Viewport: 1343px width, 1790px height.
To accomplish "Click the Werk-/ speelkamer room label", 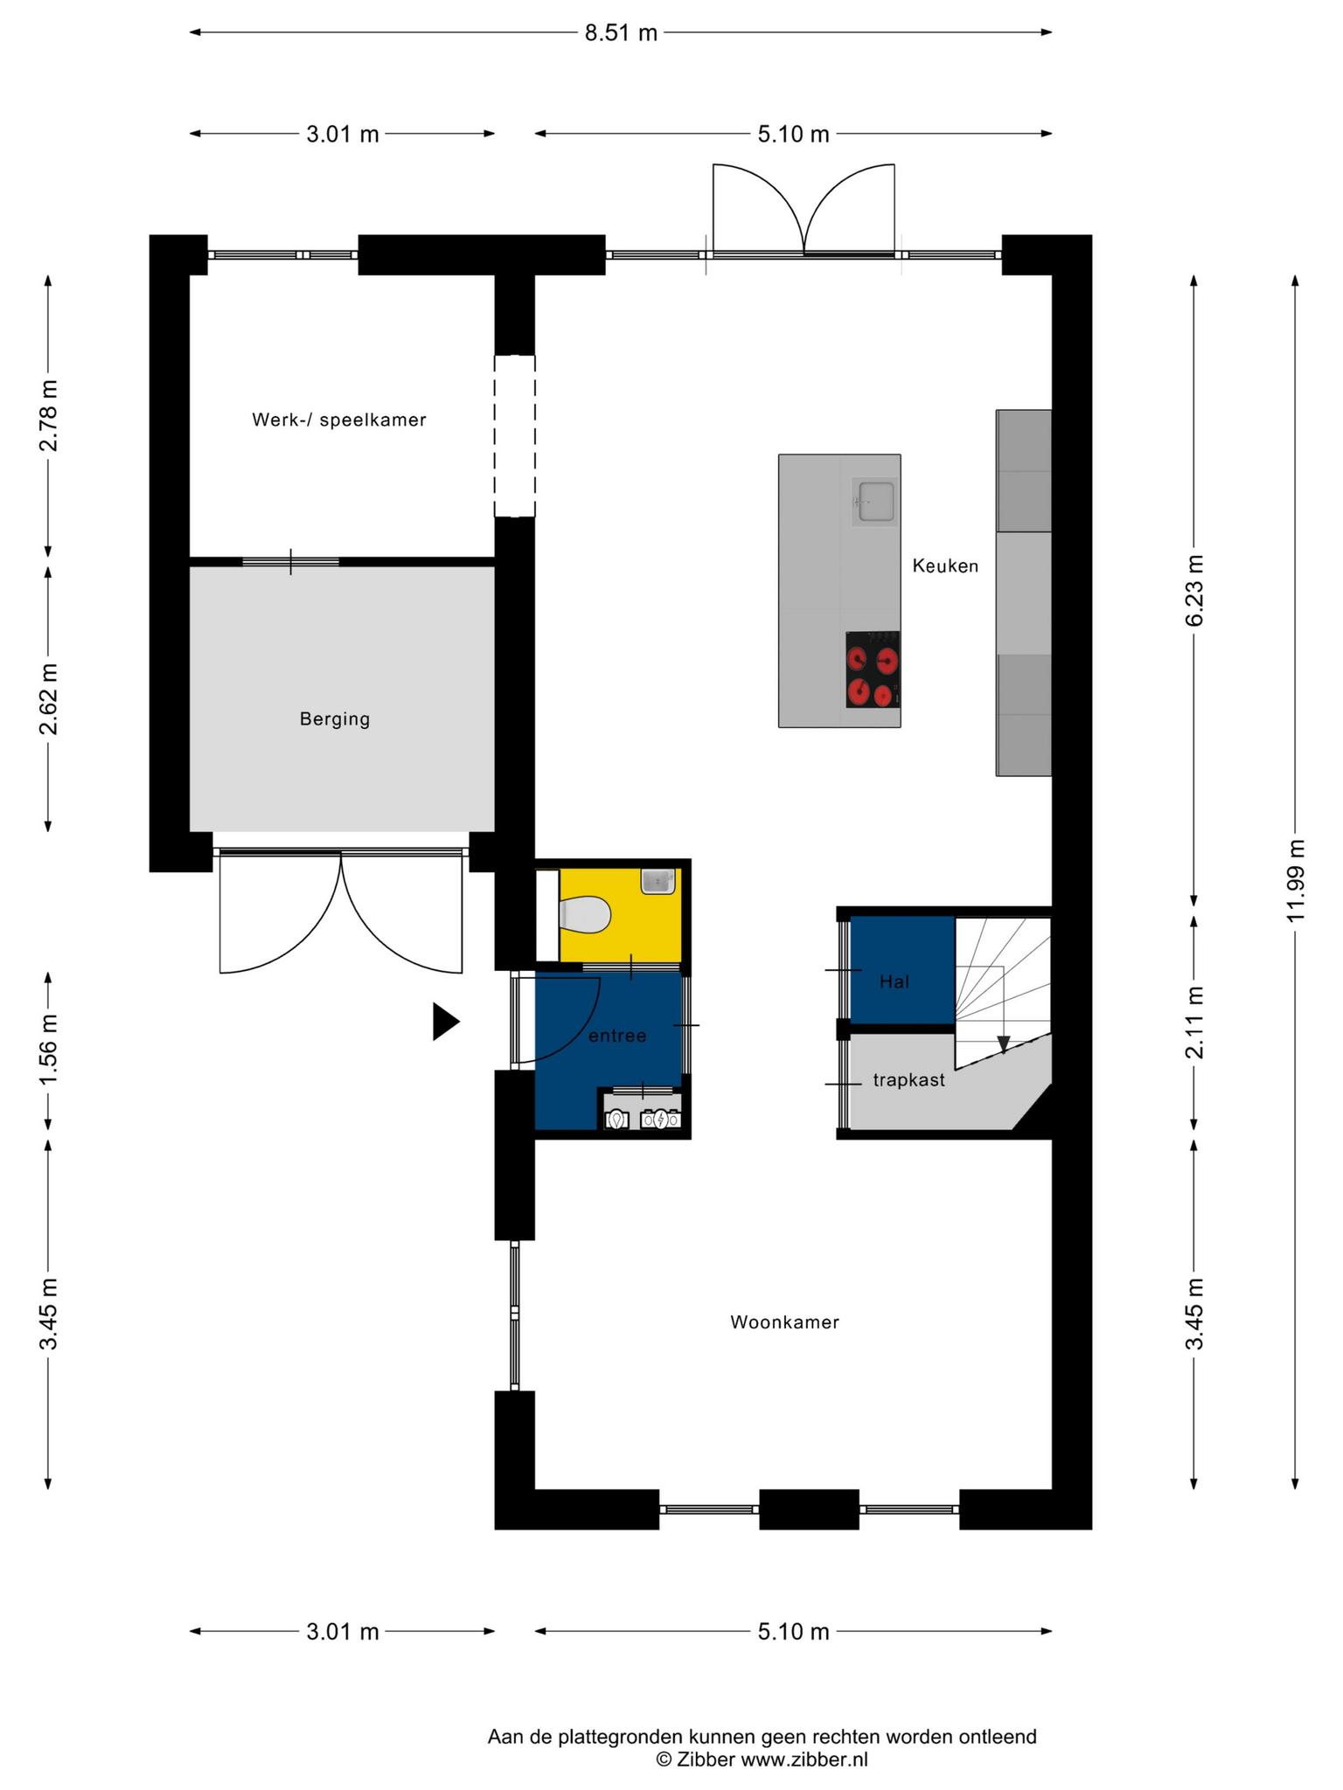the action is tap(339, 420).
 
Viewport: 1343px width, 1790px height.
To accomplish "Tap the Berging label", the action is tap(335, 719).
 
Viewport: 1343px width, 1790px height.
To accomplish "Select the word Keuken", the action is tap(945, 565).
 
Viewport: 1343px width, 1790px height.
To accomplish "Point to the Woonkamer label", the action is tap(785, 1322).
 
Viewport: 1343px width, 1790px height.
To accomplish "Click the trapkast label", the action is tap(909, 1080).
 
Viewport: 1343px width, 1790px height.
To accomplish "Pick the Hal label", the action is tap(894, 982).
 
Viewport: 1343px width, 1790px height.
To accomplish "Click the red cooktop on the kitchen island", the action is tap(873, 670).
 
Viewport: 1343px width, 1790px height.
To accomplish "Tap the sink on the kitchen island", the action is tap(875, 502).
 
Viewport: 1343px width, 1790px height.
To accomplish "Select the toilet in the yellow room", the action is tap(584, 916).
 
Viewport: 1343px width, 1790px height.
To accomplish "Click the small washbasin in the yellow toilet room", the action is tap(658, 881).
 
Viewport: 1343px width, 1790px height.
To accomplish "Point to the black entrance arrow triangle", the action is tap(446, 1022).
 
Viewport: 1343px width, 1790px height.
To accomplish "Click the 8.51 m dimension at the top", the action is tap(621, 33).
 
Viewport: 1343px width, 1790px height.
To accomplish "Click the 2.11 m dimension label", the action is tap(1194, 1022).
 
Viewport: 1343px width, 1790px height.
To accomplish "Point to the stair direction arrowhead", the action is tap(1004, 1044).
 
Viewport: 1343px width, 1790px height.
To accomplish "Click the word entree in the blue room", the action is tap(617, 1036).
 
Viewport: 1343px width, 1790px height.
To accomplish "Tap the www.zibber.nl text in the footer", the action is tap(804, 1760).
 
